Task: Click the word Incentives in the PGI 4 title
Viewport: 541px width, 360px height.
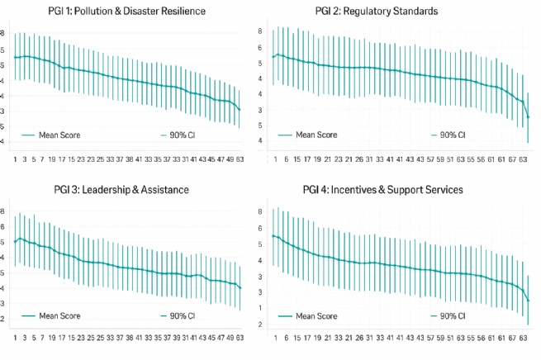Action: [x=361, y=190]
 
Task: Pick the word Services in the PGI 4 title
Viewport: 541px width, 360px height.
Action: [x=443, y=190]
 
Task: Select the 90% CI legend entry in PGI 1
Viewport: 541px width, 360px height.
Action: [x=179, y=135]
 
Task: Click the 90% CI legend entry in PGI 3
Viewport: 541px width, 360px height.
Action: [x=179, y=315]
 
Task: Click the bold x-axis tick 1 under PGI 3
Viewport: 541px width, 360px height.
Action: [x=15, y=338]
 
